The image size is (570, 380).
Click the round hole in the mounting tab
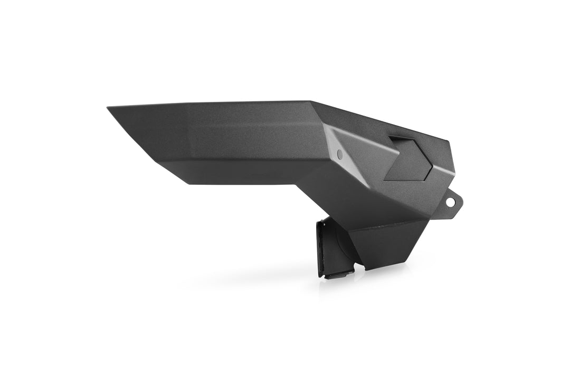[x=450, y=201]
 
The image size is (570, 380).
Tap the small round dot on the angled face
[x=339, y=155]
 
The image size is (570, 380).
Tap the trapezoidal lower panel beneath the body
[x=388, y=243]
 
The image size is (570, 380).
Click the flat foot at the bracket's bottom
[x=337, y=274]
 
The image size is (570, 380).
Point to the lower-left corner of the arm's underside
[x=187, y=183]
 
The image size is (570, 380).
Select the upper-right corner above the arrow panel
[x=448, y=142]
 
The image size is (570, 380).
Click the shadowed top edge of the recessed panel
[x=404, y=140]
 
